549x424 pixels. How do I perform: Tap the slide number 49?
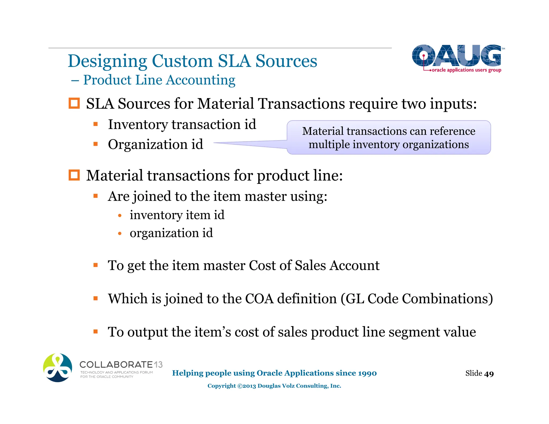tap(489, 374)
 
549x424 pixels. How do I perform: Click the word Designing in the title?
tap(107, 61)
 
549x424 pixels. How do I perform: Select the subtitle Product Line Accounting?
tap(159, 80)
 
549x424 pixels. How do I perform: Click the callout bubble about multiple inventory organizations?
tap(389, 137)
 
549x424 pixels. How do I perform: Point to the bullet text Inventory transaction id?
tap(182, 125)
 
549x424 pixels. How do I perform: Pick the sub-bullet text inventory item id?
tap(177, 215)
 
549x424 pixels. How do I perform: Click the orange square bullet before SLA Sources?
tap(74, 103)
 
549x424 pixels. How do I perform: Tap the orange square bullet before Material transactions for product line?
tap(74, 175)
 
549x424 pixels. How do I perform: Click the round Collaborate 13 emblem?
tap(58, 368)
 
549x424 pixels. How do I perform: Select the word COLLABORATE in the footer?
tap(116, 365)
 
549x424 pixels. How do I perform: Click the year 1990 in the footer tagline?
tap(367, 373)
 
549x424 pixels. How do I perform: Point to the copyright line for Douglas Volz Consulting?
tap(274, 386)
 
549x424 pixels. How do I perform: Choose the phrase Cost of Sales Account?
tap(314, 266)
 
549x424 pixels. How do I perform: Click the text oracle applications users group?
tap(466, 70)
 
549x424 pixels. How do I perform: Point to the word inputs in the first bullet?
tap(453, 104)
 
